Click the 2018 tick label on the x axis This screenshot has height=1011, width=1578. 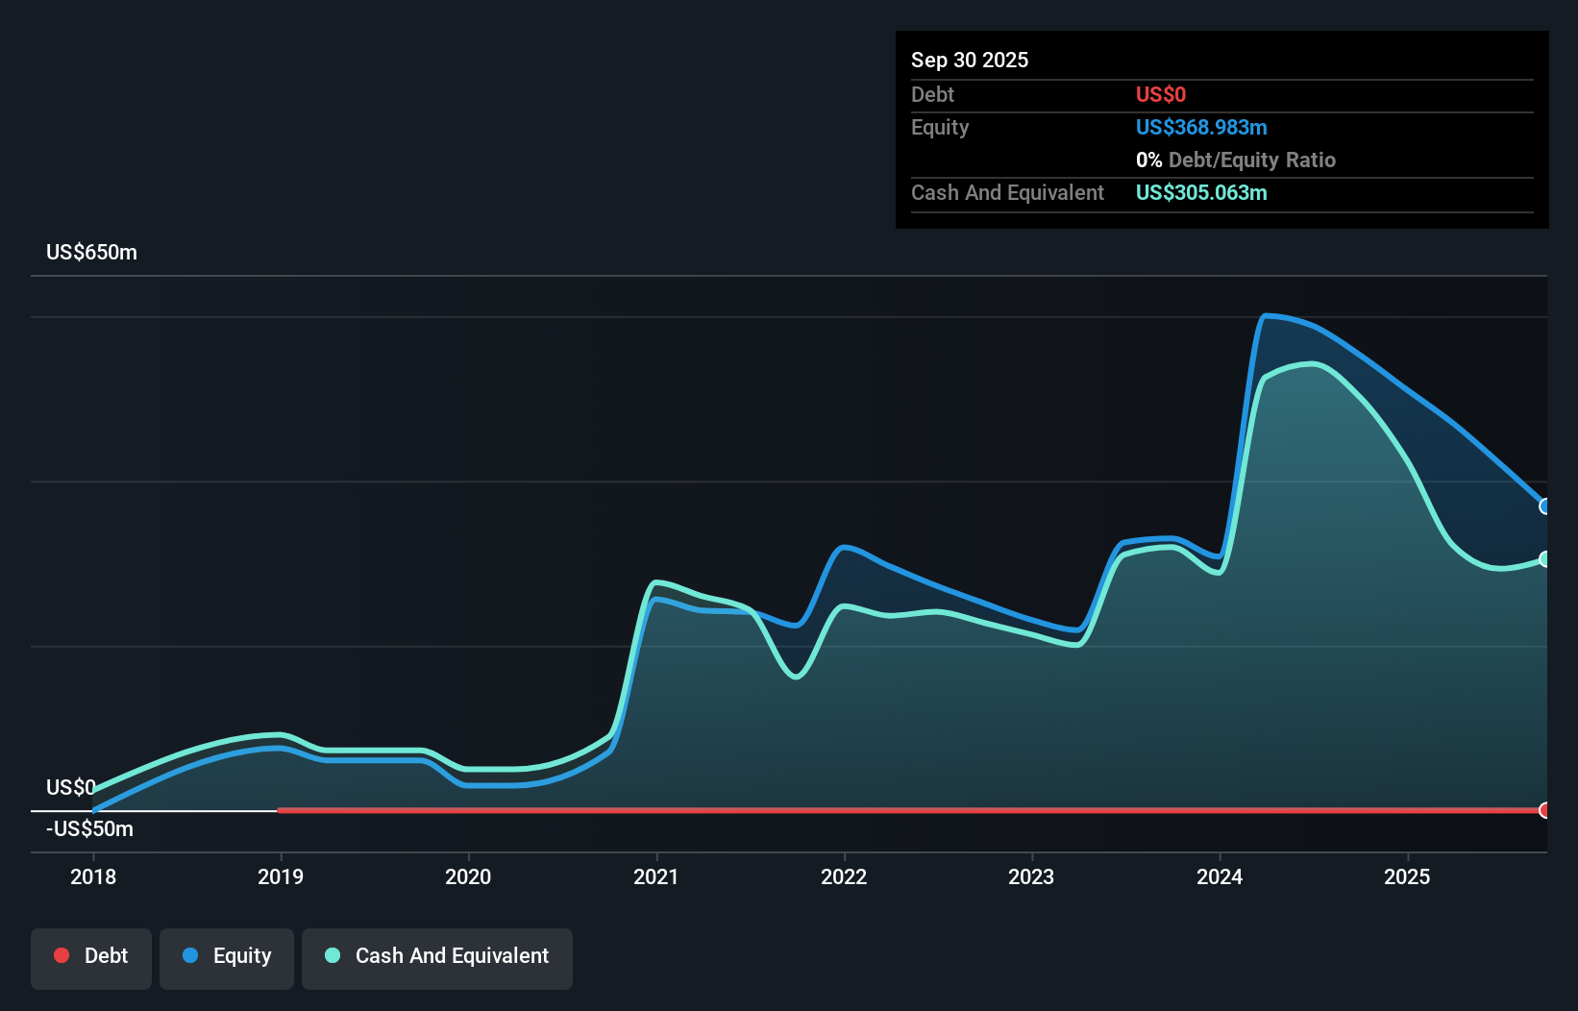point(93,876)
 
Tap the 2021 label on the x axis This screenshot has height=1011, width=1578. point(655,876)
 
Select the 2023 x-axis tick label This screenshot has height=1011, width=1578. point(1031,876)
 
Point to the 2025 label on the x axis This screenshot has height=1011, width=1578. point(1407,876)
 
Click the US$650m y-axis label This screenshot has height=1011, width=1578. point(91,252)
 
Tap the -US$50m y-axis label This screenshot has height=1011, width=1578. point(89,828)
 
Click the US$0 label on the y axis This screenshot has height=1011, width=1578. point(70,787)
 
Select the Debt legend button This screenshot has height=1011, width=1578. point(90,956)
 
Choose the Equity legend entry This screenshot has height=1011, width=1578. point(227,956)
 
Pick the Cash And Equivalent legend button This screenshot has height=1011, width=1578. point(437,956)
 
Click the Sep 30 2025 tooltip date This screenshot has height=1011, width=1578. point(969,60)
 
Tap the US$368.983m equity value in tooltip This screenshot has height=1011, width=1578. point(1200,127)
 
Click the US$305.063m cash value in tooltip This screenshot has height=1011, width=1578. point(1200,192)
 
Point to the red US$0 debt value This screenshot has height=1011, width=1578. point(1160,94)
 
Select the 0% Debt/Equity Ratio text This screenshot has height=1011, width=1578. point(1235,160)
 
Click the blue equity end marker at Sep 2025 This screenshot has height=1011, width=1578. point(1544,506)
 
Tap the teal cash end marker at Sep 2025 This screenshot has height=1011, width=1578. point(1544,559)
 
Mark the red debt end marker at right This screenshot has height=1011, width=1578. point(1544,810)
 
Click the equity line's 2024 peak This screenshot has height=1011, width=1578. point(1267,315)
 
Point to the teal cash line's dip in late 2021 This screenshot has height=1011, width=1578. point(796,677)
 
